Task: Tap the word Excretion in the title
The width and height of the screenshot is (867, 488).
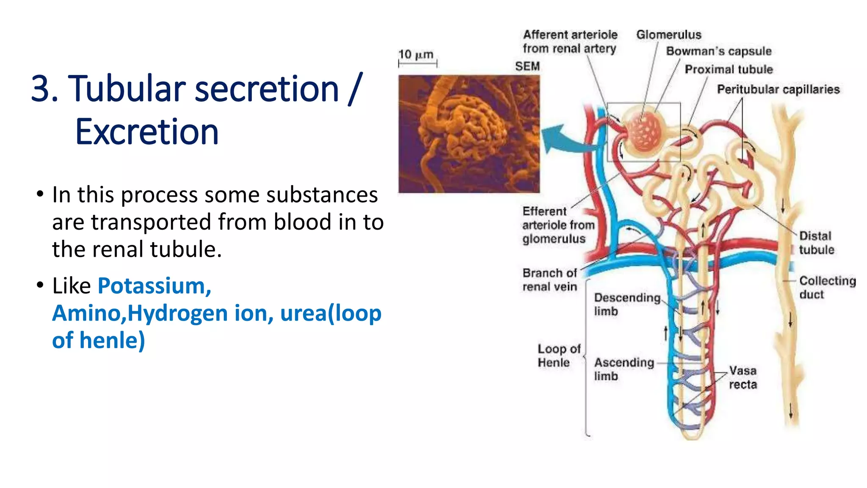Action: (x=146, y=132)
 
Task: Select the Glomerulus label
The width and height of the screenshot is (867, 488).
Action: (x=668, y=35)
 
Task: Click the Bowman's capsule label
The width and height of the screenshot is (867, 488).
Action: (x=718, y=51)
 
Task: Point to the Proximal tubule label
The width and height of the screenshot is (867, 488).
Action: (x=729, y=69)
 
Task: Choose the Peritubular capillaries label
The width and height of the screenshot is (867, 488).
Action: (x=778, y=89)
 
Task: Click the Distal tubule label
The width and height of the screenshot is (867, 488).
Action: (x=816, y=243)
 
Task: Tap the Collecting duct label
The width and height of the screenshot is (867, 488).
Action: (x=827, y=288)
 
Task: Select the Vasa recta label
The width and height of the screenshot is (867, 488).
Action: (x=743, y=377)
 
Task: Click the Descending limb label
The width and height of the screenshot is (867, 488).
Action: (x=627, y=304)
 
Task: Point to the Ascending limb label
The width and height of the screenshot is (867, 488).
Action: (x=624, y=369)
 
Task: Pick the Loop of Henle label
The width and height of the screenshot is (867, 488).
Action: (x=558, y=356)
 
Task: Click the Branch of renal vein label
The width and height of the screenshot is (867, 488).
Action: (x=549, y=280)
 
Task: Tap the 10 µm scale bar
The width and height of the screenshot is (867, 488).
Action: (x=417, y=63)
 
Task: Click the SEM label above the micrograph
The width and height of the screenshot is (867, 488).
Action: (x=527, y=67)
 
